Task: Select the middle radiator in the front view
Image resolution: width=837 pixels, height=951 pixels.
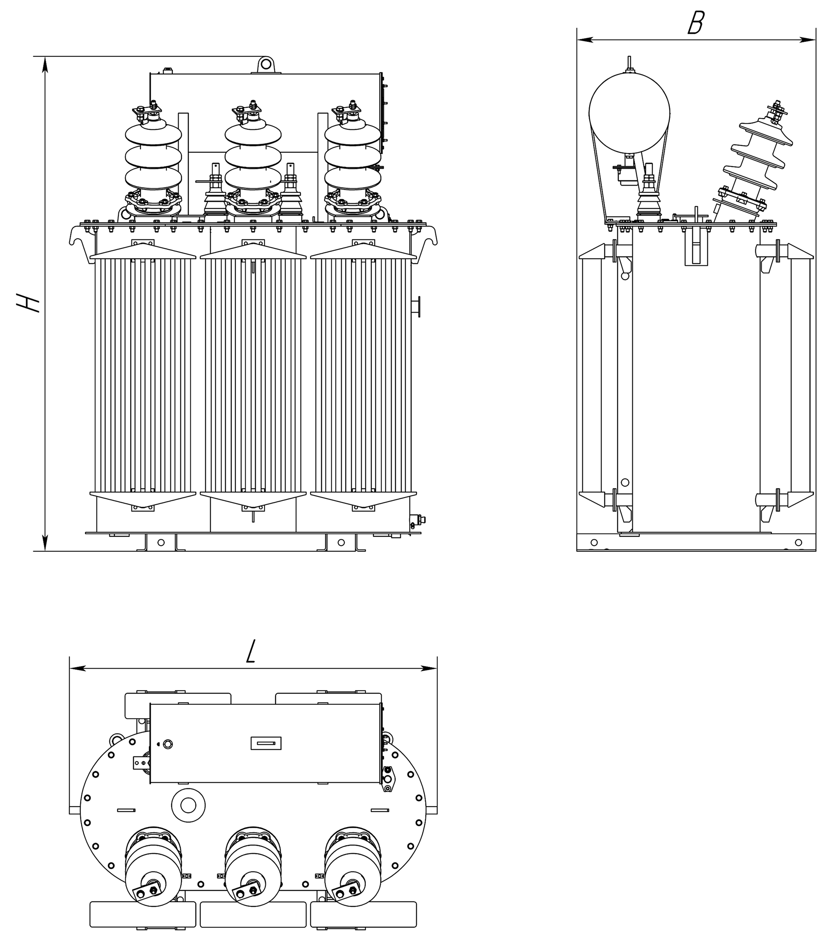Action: click(253, 376)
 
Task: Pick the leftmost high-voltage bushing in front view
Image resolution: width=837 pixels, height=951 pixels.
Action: click(153, 163)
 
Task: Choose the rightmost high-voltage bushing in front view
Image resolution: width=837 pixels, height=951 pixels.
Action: click(353, 163)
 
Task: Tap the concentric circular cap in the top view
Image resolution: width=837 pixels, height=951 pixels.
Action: click(188, 805)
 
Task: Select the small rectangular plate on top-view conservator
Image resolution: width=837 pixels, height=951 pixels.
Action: click(266, 743)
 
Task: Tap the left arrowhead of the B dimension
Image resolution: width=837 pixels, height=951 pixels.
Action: click(585, 40)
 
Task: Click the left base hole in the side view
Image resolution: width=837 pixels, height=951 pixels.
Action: click(594, 542)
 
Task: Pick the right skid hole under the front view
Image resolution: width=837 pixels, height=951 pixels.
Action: click(341, 542)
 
